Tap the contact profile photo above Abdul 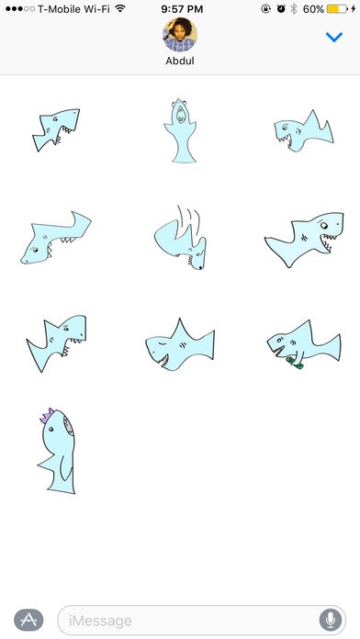[x=180, y=35]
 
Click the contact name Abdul [x=180, y=61]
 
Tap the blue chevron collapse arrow [x=334, y=37]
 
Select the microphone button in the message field [x=331, y=621]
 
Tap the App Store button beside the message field [x=28, y=620]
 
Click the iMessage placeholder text [x=100, y=621]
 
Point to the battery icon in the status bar [x=337, y=8]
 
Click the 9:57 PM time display [x=182, y=8]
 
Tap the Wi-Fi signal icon [x=120, y=8]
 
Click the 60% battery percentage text [x=313, y=9]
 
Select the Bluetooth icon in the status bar [x=294, y=8]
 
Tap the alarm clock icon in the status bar [x=281, y=8]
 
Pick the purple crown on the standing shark [x=47, y=415]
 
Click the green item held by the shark [x=295, y=363]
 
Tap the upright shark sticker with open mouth [x=180, y=130]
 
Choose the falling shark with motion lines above [x=181, y=238]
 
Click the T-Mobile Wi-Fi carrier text [x=73, y=9]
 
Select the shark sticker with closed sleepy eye [x=180, y=345]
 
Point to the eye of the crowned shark [x=51, y=429]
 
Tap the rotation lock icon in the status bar [x=265, y=8]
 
